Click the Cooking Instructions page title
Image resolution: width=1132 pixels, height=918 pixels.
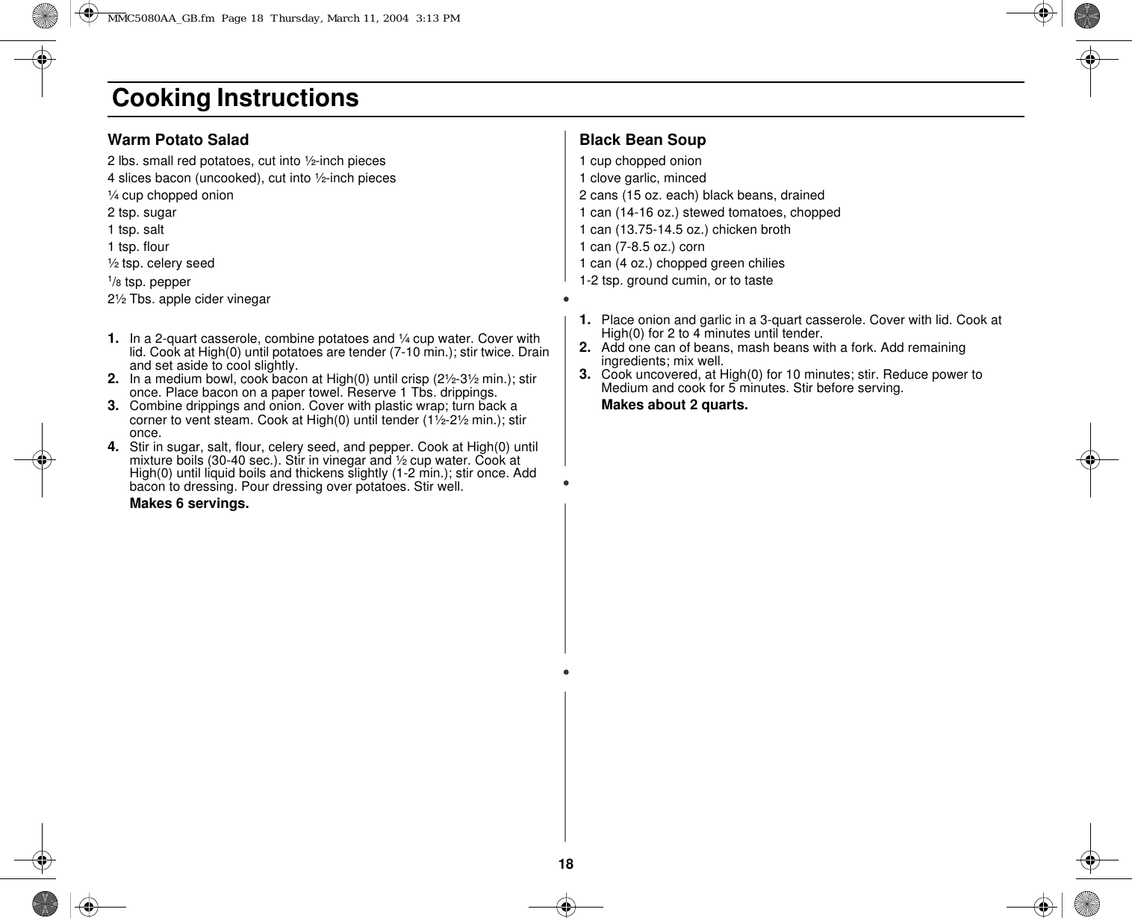point(235,98)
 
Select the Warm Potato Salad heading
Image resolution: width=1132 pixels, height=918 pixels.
point(178,140)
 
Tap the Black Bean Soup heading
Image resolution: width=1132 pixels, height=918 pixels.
point(642,140)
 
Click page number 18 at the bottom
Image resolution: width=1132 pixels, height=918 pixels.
point(566,864)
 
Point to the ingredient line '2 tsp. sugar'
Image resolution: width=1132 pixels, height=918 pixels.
point(142,212)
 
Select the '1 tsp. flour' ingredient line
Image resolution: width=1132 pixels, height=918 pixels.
point(138,246)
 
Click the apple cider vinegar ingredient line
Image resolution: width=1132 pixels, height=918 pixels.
point(189,299)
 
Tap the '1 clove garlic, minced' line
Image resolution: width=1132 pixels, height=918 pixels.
point(642,178)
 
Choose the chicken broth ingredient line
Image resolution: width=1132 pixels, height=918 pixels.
point(685,229)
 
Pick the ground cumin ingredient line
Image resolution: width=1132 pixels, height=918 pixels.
point(676,280)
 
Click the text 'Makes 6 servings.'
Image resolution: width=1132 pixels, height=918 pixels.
point(189,503)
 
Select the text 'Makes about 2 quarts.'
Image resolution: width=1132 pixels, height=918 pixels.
point(674,405)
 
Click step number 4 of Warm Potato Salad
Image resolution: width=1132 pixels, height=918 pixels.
point(113,447)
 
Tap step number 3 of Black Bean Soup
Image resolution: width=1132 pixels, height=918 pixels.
point(585,373)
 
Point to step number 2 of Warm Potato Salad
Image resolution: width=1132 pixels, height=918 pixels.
point(113,379)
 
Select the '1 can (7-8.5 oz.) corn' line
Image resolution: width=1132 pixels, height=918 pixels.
point(641,246)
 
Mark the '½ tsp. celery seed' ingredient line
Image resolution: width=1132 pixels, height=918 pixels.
point(161,263)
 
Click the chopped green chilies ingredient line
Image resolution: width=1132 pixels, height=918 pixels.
point(682,263)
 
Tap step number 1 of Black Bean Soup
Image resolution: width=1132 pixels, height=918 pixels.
point(585,320)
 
